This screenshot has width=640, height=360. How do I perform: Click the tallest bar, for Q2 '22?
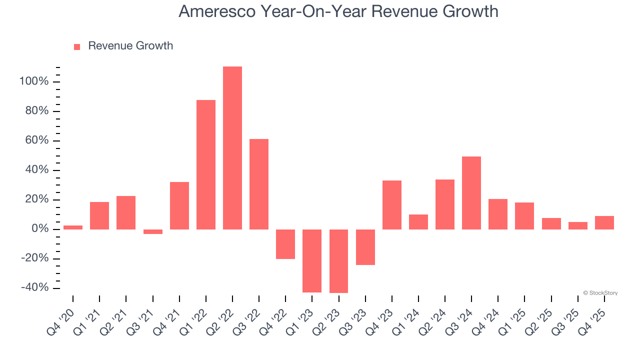click(232, 148)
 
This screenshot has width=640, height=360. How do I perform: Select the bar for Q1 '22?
click(206, 164)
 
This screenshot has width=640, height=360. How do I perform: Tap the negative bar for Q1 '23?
click(312, 260)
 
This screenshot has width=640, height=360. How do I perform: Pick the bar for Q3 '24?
click(471, 193)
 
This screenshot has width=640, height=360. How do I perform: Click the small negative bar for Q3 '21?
click(153, 231)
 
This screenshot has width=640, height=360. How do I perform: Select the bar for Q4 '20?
click(73, 227)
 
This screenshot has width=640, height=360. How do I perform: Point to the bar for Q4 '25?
click(604, 222)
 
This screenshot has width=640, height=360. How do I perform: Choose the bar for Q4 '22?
click(285, 244)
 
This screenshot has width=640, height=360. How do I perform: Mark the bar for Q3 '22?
click(259, 184)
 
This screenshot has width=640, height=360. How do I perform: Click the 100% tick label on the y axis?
click(34, 81)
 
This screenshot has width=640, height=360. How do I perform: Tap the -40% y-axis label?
click(34, 288)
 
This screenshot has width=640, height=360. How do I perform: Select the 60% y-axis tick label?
click(36, 140)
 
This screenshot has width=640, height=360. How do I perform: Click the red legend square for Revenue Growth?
click(77, 46)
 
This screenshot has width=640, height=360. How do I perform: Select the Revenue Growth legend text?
click(130, 46)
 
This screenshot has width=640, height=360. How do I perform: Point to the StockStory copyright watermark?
click(600, 293)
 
